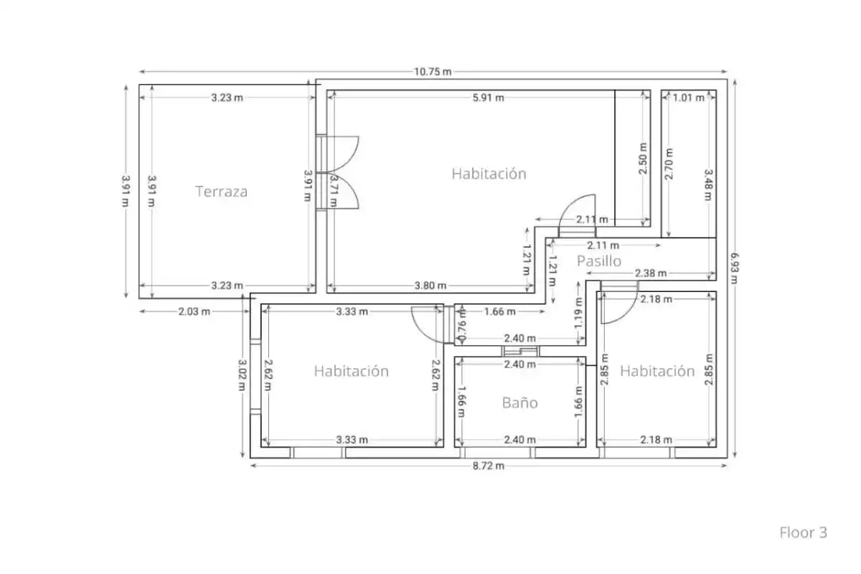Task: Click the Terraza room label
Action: (x=221, y=192)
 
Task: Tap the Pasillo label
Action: (x=599, y=261)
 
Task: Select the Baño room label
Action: (x=519, y=403)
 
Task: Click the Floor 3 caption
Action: (x=803, y=532)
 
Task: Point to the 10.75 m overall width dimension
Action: (x=433, y=72)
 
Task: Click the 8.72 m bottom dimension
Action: (x=488, y=466)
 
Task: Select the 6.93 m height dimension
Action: (x=734, y=268)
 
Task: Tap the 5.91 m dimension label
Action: (x=488, y=98)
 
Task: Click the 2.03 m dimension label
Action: (x=194, y=311)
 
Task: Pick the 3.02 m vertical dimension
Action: (x=242, y=375)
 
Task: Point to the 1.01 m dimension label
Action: (x=688, y=98)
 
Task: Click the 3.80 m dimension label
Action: (x=430, y=286)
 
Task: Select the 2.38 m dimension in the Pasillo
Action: (x=650, y=273)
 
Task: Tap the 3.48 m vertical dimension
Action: (x=708, y=185)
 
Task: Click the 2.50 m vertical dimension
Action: (x=643, y=159)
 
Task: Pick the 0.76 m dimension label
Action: (x=462, y=325)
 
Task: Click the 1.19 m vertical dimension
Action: (x=579, y=313)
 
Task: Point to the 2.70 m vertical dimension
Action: (x=669, y=164)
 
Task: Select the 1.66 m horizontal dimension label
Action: (x=499, y=311)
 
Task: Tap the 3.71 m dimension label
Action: (x=334, y=191)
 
